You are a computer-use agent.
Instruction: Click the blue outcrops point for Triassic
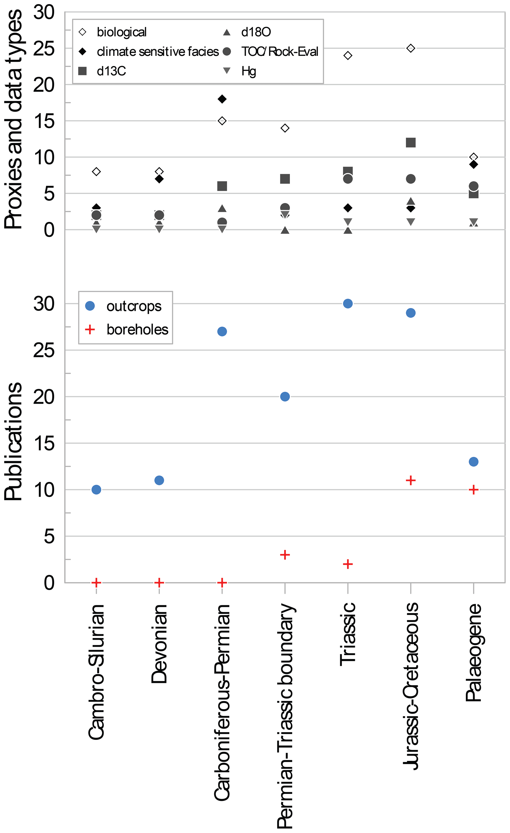(348, 304)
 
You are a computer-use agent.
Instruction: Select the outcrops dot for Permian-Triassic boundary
(285, 397)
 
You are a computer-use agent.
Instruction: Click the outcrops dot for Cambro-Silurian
(96, 490)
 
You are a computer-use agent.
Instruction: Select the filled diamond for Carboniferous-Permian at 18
(222, 99)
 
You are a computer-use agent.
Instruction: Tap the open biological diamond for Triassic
(348, 56)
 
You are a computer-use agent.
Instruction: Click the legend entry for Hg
(248, 71)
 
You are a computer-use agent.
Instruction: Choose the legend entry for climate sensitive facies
(158, 52)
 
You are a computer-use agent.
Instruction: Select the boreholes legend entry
(137, 330)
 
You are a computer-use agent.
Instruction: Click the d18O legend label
(256, 32)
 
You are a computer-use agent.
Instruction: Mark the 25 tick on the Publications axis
(44, 350)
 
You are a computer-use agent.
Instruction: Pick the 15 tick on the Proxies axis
(44, 121)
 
